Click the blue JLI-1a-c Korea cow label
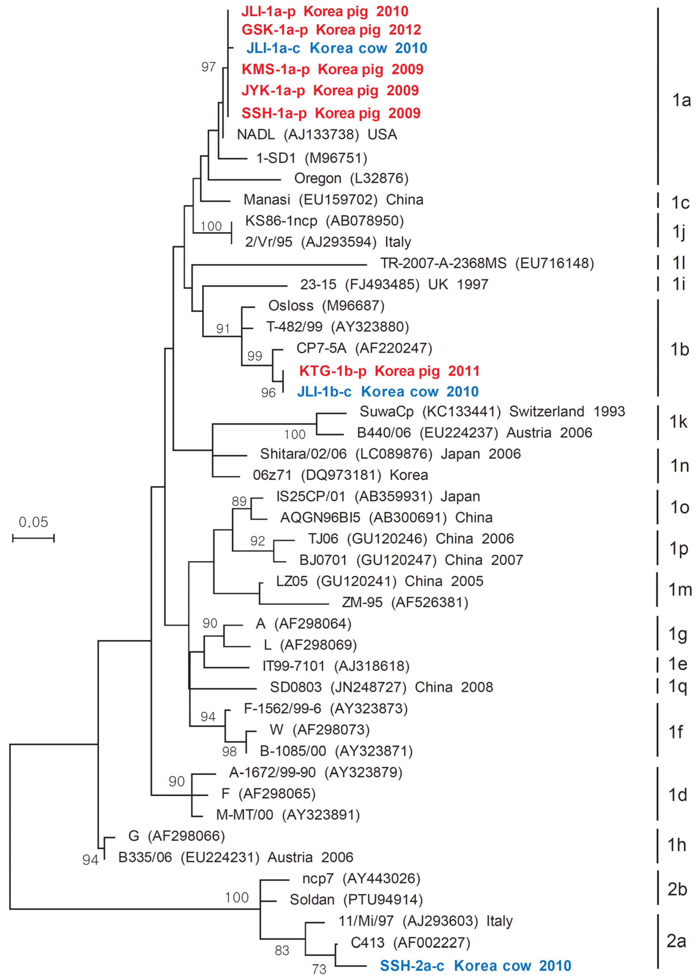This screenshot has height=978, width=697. coord(337,48)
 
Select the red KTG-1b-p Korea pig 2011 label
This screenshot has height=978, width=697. coord(389,371)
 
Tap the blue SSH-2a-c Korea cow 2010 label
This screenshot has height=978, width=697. coord(475,966)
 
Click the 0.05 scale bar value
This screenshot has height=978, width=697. coord(33,522)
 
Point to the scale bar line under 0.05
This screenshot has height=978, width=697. coord(33,538)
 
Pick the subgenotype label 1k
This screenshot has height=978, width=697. coord(679,422)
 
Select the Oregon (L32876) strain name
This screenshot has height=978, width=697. coord(351,178)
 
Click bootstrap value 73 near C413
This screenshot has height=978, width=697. coord(319,969)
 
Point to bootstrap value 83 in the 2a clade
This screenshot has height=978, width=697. coord(282,951)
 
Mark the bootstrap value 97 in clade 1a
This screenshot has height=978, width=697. coord(209,67)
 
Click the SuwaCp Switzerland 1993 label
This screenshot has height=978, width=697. coord(492,411)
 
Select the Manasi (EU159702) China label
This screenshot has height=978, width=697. coord(333,200)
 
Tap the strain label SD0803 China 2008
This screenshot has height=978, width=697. coord(381,687)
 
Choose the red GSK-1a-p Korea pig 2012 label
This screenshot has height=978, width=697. coord(331,30)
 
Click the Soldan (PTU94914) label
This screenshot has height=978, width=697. coord(356,900)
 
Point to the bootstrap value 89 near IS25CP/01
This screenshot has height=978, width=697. coord(239,501)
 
